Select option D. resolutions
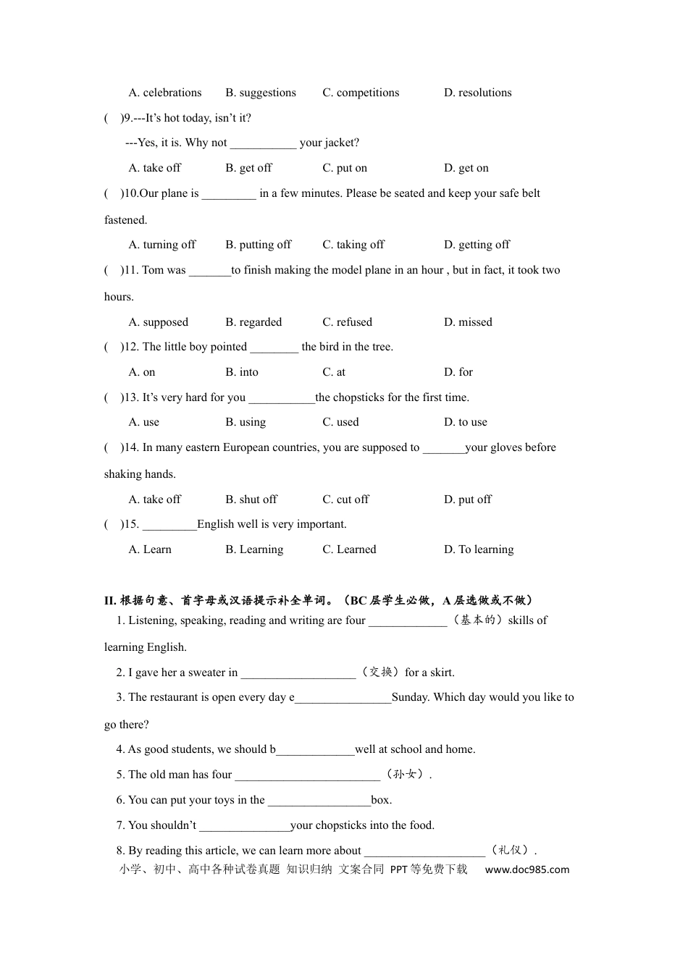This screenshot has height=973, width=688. [477, 93]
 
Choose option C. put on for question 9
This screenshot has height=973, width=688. [345, 168]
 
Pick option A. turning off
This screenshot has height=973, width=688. [162, 245]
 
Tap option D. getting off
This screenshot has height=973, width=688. [477, 245]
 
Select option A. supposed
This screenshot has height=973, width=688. [158, 322]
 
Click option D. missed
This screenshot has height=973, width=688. [468, 322]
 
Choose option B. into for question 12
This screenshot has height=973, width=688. [242, 372]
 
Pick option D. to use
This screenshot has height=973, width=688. [466, 422]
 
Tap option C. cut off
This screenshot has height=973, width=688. [345, 500]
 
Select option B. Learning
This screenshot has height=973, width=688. [254, 549]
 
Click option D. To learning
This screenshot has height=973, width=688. [479, 549]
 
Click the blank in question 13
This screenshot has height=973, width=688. [282, 398]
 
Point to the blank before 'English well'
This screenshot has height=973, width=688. [169, 525]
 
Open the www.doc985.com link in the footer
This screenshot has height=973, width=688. [527, 869]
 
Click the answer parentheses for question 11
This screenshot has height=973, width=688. [113, 270]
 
